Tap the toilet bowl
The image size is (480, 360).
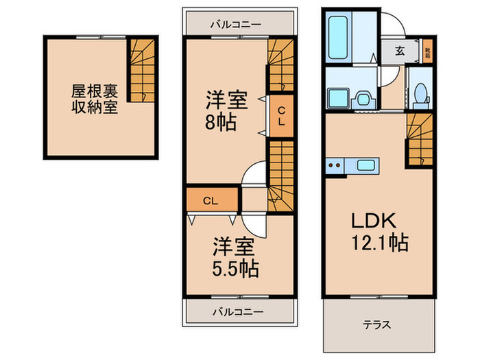point(421,94)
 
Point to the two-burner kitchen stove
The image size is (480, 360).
point(336,165)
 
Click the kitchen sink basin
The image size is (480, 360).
point(365,165)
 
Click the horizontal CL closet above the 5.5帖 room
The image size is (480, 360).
point(212,200)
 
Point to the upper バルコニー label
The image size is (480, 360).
point(235,23)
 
